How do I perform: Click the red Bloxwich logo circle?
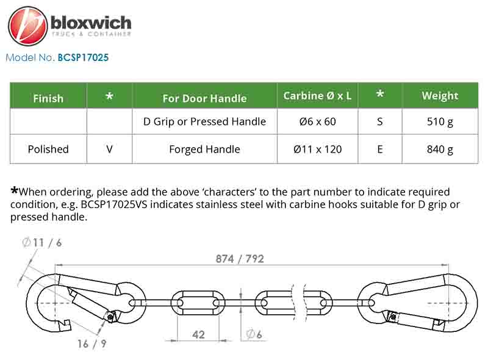pyautogui.click(x=28, y=26)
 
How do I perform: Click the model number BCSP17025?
pyautogui.click(x=83, y=57)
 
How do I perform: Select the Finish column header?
pyautogui.click(x=48, y=98)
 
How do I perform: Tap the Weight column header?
pyautogui.click(x=440, y=96)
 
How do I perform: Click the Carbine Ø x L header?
pyautogui.click(x=317, y=96)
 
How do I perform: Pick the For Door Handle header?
pyautogui.click(x=204, y=98)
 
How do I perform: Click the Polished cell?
pyautogui.click(x=48, y=149)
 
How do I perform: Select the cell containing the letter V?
pyautogui.click(x=109, y=149)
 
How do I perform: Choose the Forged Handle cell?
pyautogui.click(x=204, y=149)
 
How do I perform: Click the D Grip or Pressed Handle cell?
pyautogui.click(x=204, y=121)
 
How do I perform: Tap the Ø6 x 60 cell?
pyautogui.click(x=317, y=121)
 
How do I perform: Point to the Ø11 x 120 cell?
pyautogui.click(x=317, y=149)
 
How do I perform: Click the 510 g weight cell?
pyautogui.click(x=440, y=121)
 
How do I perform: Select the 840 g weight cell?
pyautogui.click(x=440, y=149)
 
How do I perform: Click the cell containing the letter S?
pyautogui.click(x=379, y=121)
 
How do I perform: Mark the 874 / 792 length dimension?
pyautogui.click(x=240, y=259)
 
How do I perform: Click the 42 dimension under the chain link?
pyautogui.click(x=198, y=335)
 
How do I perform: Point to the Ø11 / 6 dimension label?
pyautogui.click(x=42, y=242)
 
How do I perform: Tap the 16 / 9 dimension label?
pyautogui.click(x=92, y=344)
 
